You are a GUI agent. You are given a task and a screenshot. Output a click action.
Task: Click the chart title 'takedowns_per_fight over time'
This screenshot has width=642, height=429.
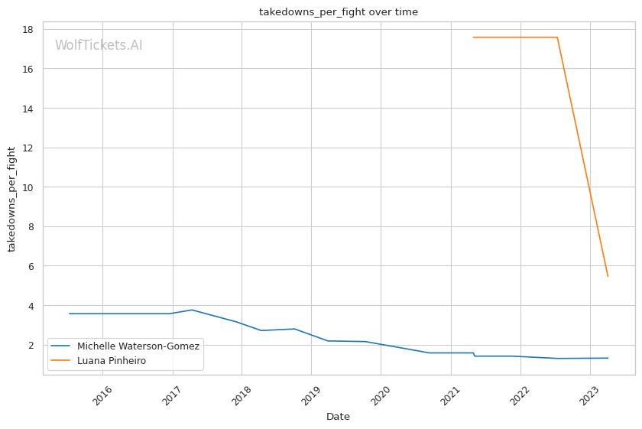[x=338, y=12]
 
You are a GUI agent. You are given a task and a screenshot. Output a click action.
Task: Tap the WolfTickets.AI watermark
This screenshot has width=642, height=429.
[x=99, y=45]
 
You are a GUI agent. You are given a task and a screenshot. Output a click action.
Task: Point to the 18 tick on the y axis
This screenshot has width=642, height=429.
[x=28, y=30]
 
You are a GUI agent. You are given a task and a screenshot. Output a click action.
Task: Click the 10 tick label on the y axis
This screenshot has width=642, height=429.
[x=28, y=187]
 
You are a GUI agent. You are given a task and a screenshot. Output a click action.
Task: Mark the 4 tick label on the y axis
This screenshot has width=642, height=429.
[x=31, y=306]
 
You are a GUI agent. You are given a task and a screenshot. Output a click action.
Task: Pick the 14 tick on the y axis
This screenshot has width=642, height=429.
[x=28, y=109]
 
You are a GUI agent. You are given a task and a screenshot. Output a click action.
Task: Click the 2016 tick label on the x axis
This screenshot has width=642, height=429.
[x=102, y=395]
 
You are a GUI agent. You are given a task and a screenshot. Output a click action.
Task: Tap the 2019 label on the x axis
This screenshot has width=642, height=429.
[x=311, y=395]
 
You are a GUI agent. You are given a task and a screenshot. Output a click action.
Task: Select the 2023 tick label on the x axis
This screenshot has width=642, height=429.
[x=590, y=395]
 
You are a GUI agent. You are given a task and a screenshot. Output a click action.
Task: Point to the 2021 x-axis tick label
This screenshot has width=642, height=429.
[x=451, y=395]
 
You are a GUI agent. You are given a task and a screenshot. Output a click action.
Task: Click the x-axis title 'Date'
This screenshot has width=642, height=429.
[x=338, y=417]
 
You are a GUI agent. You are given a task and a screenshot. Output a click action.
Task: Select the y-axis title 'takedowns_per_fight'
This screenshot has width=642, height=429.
[x=11, y=199]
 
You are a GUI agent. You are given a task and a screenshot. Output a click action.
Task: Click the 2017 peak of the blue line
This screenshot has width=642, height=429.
[x=192, y=310]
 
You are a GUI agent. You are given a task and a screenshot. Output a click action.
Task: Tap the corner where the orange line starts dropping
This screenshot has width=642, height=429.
[x=557, y=37]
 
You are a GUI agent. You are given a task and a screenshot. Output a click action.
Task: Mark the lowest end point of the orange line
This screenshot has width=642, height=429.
[x=608, y=277]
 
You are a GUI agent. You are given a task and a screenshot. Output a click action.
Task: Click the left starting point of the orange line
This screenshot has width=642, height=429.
[x=473, y=37]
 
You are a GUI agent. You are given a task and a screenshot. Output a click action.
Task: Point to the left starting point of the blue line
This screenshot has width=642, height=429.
[x=70, y=314]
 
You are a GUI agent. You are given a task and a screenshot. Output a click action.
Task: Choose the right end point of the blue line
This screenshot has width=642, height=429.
[x=608, y=358]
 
